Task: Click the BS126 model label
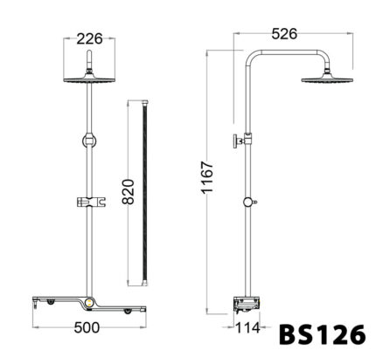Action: click(x=324, y=335)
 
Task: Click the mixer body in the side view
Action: click(x=247, y=305)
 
